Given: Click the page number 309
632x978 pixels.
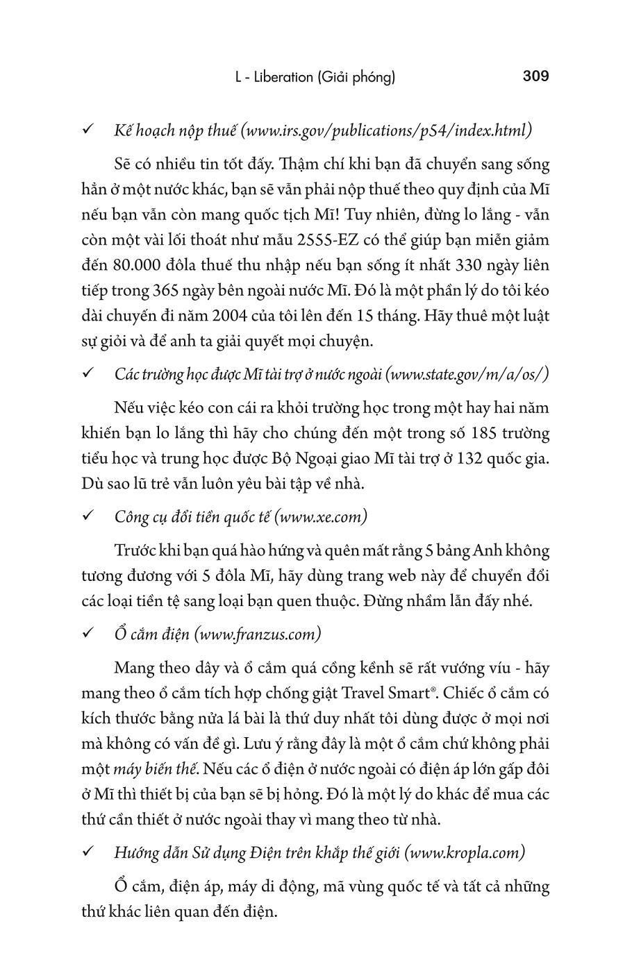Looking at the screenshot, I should (535, 76).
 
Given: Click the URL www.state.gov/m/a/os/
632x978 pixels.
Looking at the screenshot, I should (467, 375).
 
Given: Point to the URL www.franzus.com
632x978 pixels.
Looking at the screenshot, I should (258, 634).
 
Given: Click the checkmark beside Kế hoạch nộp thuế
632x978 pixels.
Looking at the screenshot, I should (89, 130).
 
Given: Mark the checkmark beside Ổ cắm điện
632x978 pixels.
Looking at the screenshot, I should (89, 634).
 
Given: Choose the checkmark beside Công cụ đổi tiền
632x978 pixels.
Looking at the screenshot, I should (89, 517).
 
